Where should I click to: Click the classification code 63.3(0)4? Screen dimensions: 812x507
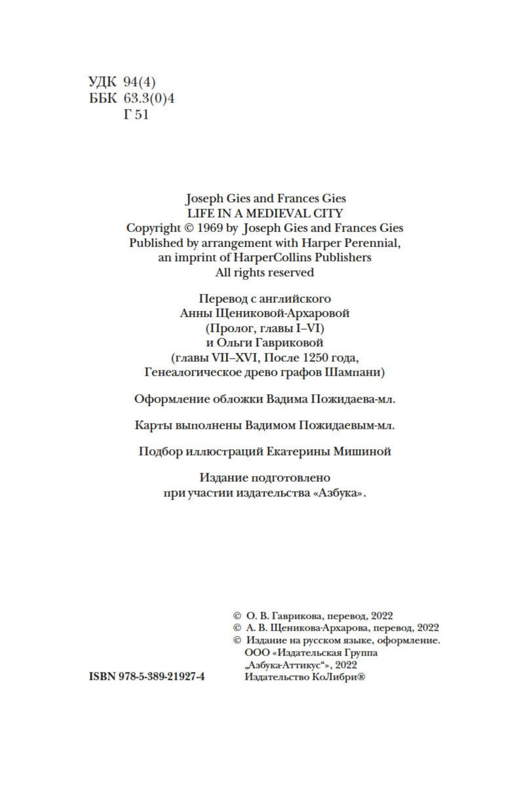tap(149, 98)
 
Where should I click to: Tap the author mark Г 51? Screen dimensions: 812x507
tap(136, 114)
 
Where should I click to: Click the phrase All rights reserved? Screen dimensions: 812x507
tap(265, 272)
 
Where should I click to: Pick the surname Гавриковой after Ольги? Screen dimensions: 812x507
tap(286, 343)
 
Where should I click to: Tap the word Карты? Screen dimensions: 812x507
tap(153, 425)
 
